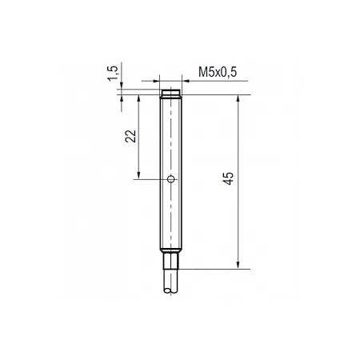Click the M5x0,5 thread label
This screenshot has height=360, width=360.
click(x=218, y=72)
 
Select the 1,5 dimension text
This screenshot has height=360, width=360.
click(x=113, y=73)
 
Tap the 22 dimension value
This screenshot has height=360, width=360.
click(x=130, y=136)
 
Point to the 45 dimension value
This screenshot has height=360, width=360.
click(x=228, y=178)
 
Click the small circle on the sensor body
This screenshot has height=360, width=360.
click(x=171, y=179)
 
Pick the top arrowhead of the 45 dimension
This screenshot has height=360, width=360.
click(x=238, y=98)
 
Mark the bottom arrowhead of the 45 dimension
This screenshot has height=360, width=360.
click(x=238, y=265)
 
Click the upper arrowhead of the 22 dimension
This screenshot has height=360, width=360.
click(x=138, y=98)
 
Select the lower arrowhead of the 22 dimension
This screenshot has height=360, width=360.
click(x=138, y=175)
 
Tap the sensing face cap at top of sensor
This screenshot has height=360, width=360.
click(x=171, y=92)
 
